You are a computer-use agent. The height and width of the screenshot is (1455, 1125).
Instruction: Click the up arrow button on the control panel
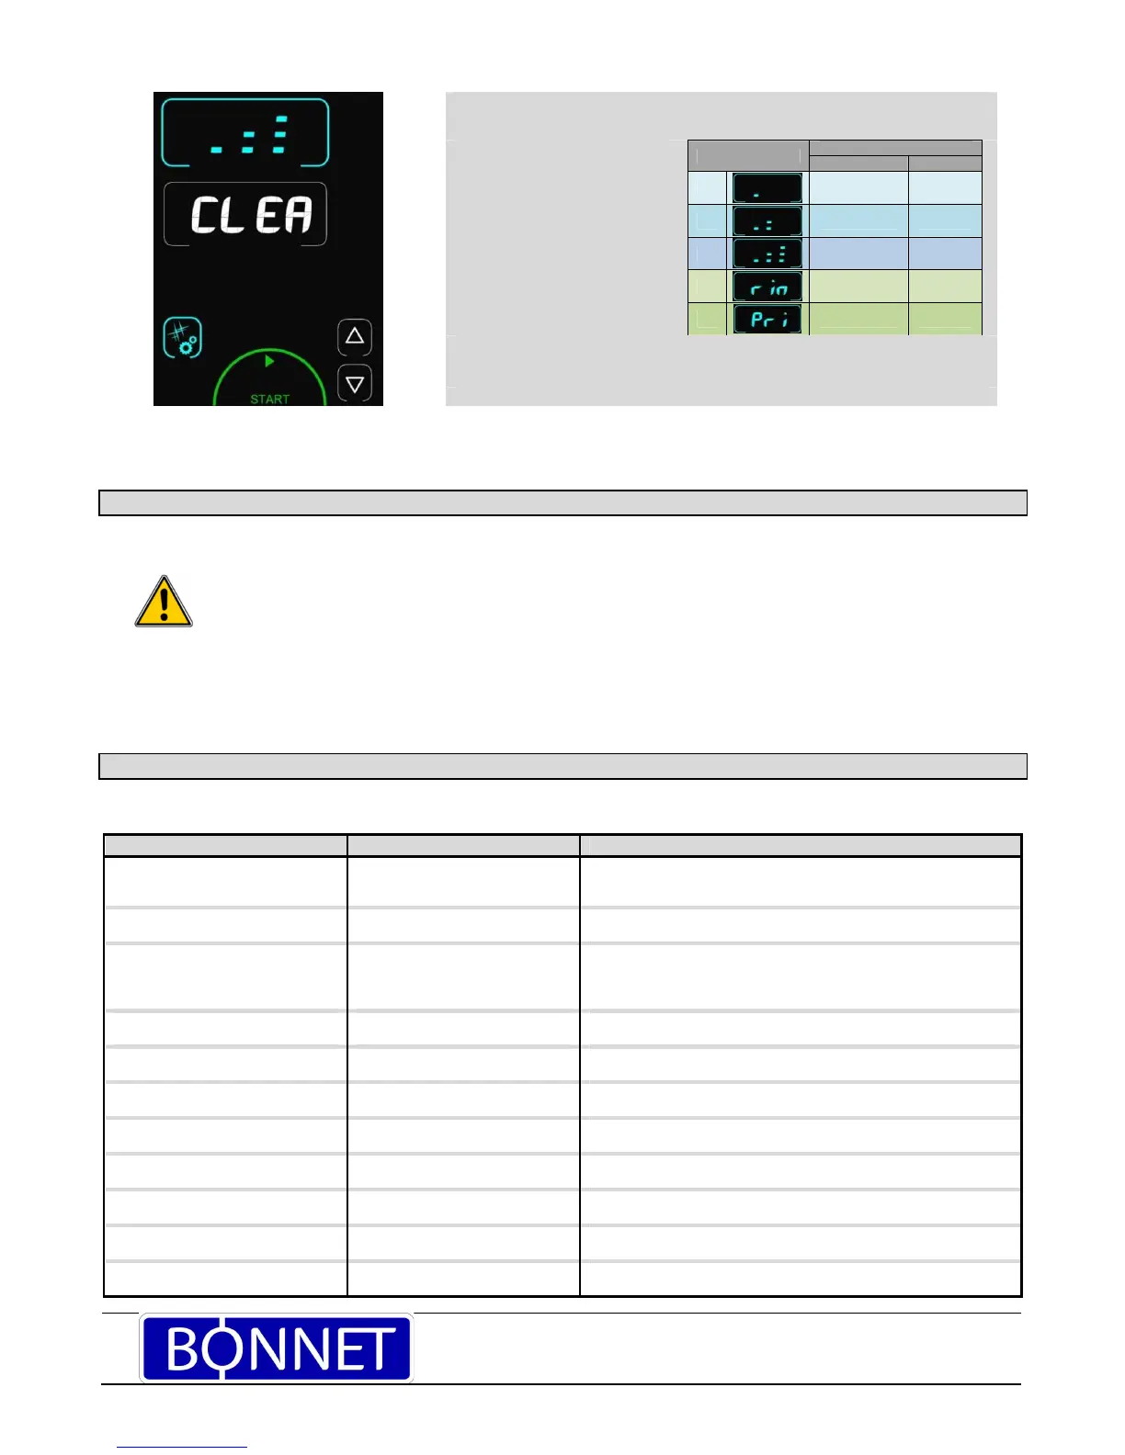[x=355, y=337]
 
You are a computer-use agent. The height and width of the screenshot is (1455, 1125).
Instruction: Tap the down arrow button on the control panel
[x=355, y=383]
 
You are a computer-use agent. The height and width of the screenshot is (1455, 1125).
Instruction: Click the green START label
[x=269, y=399]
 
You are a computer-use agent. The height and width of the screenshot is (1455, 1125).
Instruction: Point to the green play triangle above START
[x=269, y=362]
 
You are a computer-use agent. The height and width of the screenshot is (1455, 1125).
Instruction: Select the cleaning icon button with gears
[x=182, y=338]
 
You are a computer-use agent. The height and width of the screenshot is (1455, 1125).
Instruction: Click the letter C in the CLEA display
[x=203, y=215]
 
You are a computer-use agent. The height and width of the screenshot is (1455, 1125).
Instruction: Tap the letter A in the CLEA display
[x=297, y=215]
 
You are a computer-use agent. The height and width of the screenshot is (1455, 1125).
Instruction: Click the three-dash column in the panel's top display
[x=280, y=134]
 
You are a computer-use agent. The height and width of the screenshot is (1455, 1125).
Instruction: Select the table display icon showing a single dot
[x=767, y=188]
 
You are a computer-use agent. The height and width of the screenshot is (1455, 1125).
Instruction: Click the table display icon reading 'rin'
[x=767, y=288]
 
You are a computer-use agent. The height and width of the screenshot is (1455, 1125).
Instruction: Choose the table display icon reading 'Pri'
[x=767, y=320]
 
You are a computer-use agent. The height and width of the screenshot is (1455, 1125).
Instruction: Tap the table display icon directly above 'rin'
[x=767, y=254]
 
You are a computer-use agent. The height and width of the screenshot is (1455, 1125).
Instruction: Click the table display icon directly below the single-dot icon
[x=767, y=221]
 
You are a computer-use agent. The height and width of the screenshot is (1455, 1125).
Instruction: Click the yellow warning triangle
[x=164, y=603]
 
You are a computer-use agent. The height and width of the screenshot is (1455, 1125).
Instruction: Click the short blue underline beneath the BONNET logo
[x=182, y=1447]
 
